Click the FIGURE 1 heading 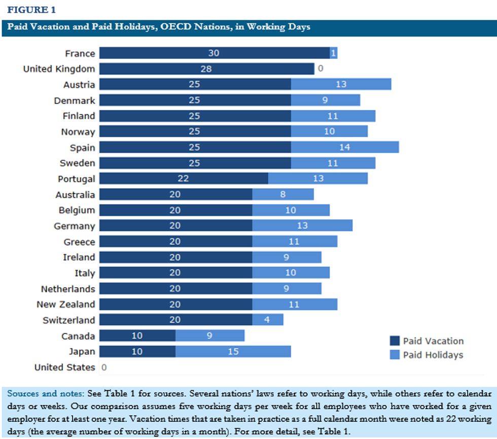31,10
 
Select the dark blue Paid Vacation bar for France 214,53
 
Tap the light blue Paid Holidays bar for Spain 345,147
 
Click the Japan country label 82,352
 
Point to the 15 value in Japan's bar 233,352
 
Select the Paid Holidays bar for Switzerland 268,320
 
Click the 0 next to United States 104,367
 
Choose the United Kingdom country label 59,69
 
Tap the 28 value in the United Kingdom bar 206,69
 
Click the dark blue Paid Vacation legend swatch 395,341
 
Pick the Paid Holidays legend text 433,355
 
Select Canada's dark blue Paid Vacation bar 137,336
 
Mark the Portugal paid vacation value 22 183,179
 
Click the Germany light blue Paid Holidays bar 302,226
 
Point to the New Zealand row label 65,305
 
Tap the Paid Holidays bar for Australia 283,194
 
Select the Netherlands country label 68,289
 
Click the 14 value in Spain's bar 345,147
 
